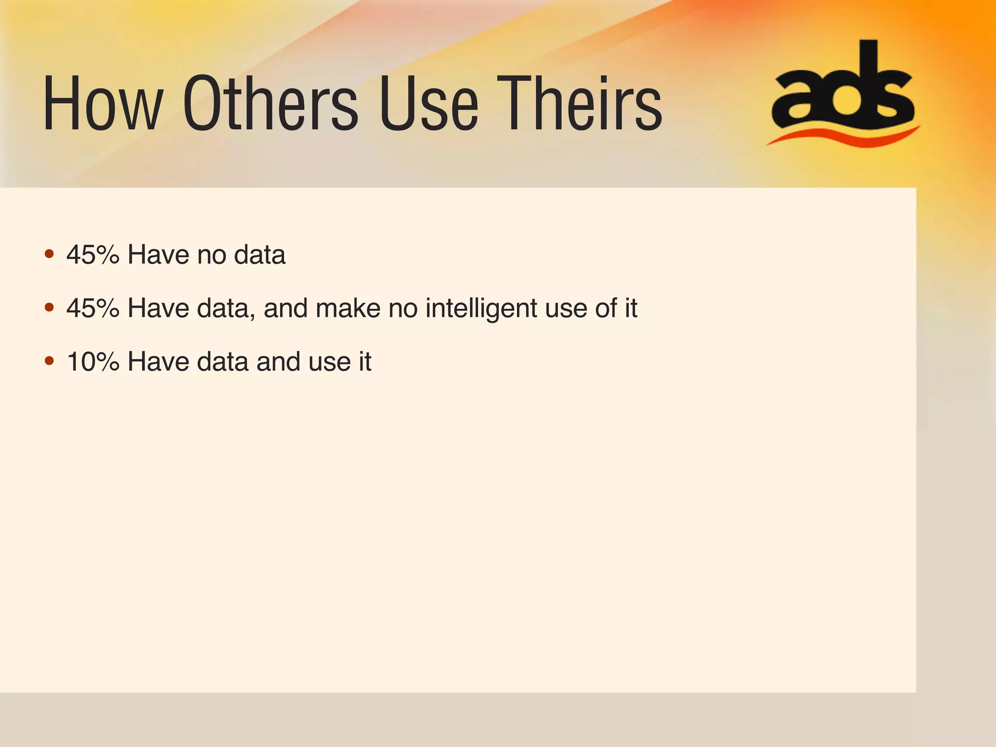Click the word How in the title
pyautogui.click(x=103, y=104)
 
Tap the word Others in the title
pyautogui.click(x=270, y=104)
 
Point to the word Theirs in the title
pyautogui.click(x=579, y=104)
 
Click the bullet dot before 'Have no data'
pyautogui.click(x=49, y=254)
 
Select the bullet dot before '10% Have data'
pyautogui.click(x=49, y=361)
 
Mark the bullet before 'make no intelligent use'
pyautogui.click(x=49, y=307)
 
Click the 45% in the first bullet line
pyautogui.click(x=93, y=254)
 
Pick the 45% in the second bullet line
pyautogui.click(x=93, y=308)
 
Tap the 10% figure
pyautogui.click(x=93, y=361)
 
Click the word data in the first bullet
pyautogui.click(x=260, y=254)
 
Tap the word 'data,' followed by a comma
pyautogui.click(x=226, y=308)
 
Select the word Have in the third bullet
pyautogui.click(x=158, y=361)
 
